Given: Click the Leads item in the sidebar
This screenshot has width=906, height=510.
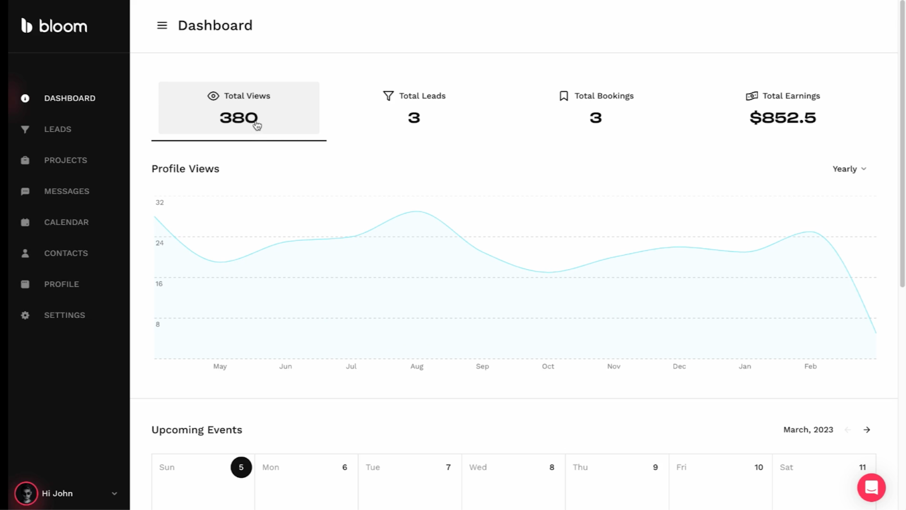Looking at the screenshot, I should pos(57,129).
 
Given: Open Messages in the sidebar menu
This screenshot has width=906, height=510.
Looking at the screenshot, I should pos(66,192).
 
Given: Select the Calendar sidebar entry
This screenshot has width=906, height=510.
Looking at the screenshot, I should pos(66,222).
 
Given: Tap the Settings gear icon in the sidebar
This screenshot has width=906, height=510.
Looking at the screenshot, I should pos(25,315).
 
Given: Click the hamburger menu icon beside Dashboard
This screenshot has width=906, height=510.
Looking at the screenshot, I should pos(162,25).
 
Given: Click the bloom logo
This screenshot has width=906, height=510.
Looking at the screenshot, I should pos(54,26).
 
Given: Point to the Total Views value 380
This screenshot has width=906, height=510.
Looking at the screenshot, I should pos(238,118).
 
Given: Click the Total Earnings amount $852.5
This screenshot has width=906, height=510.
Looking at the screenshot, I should pos(783,118).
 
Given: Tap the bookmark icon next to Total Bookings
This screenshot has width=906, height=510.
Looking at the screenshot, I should pos(563,96).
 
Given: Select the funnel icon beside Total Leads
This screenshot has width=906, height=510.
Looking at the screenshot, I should pos(388,96).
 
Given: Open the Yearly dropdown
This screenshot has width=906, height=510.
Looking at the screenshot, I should pos(849,169).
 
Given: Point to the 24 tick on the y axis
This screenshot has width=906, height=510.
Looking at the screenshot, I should pos(160,243).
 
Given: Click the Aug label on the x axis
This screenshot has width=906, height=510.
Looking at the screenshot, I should pos(417,367).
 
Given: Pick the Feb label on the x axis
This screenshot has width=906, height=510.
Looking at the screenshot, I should pos(810,367).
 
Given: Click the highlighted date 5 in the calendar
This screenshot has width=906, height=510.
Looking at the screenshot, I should pos(241,467).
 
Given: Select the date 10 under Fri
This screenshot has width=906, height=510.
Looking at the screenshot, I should pos(759,467).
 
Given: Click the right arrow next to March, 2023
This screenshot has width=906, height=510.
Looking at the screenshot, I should pos(866,430).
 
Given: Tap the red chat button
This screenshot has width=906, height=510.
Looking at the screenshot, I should pos(871,487).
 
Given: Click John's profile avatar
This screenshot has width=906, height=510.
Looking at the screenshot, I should pos(26,494).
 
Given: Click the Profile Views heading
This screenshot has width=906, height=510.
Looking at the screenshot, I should pos(185,169).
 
